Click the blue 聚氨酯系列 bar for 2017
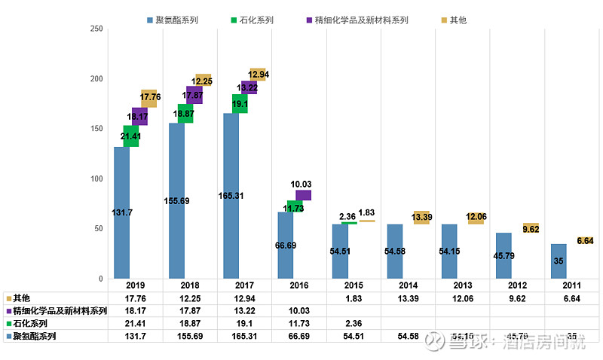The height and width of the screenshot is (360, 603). point(231,196)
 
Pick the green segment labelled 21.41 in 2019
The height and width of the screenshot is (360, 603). point(130,136)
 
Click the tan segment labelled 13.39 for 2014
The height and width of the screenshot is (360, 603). point(421,218)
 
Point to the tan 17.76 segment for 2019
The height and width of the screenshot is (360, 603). point(148,98)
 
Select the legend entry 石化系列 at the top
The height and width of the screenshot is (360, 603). point(259,20)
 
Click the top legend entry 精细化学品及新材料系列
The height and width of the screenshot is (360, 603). point(357,20)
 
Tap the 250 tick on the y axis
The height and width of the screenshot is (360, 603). point(96,29)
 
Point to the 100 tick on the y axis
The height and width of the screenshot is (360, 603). point(96,178)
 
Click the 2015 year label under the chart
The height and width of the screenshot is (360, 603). point(354,286)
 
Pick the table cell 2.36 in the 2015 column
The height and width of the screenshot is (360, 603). point(354,323)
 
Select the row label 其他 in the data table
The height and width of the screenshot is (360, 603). point(22,298)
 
